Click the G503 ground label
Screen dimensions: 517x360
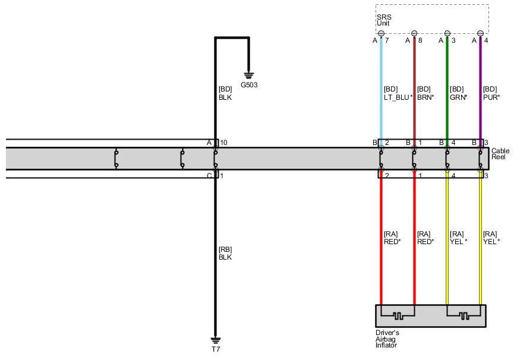click(x=249, y=85)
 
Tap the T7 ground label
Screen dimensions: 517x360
click(x=216, y=349)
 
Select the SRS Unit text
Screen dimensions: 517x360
click(x=383, y=20)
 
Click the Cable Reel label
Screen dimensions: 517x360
click(x=500, y=154)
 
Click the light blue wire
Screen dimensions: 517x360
click(x=381, y=71)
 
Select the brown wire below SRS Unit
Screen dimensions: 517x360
click(x=414, y=71)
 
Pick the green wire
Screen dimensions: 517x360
click(x=447, y=71)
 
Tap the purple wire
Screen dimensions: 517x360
click(x=481, y=71)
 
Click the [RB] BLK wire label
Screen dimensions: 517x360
click(x=225, y=254)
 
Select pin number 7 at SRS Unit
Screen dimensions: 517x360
click(x=387, y=41)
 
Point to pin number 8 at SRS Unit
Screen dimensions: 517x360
click(x=420, y=41)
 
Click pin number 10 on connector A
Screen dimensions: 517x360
click(x=223, y=143)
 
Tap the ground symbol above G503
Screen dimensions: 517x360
click(x=249, y=75)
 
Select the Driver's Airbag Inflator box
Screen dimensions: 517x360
click(x=430, y=315)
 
